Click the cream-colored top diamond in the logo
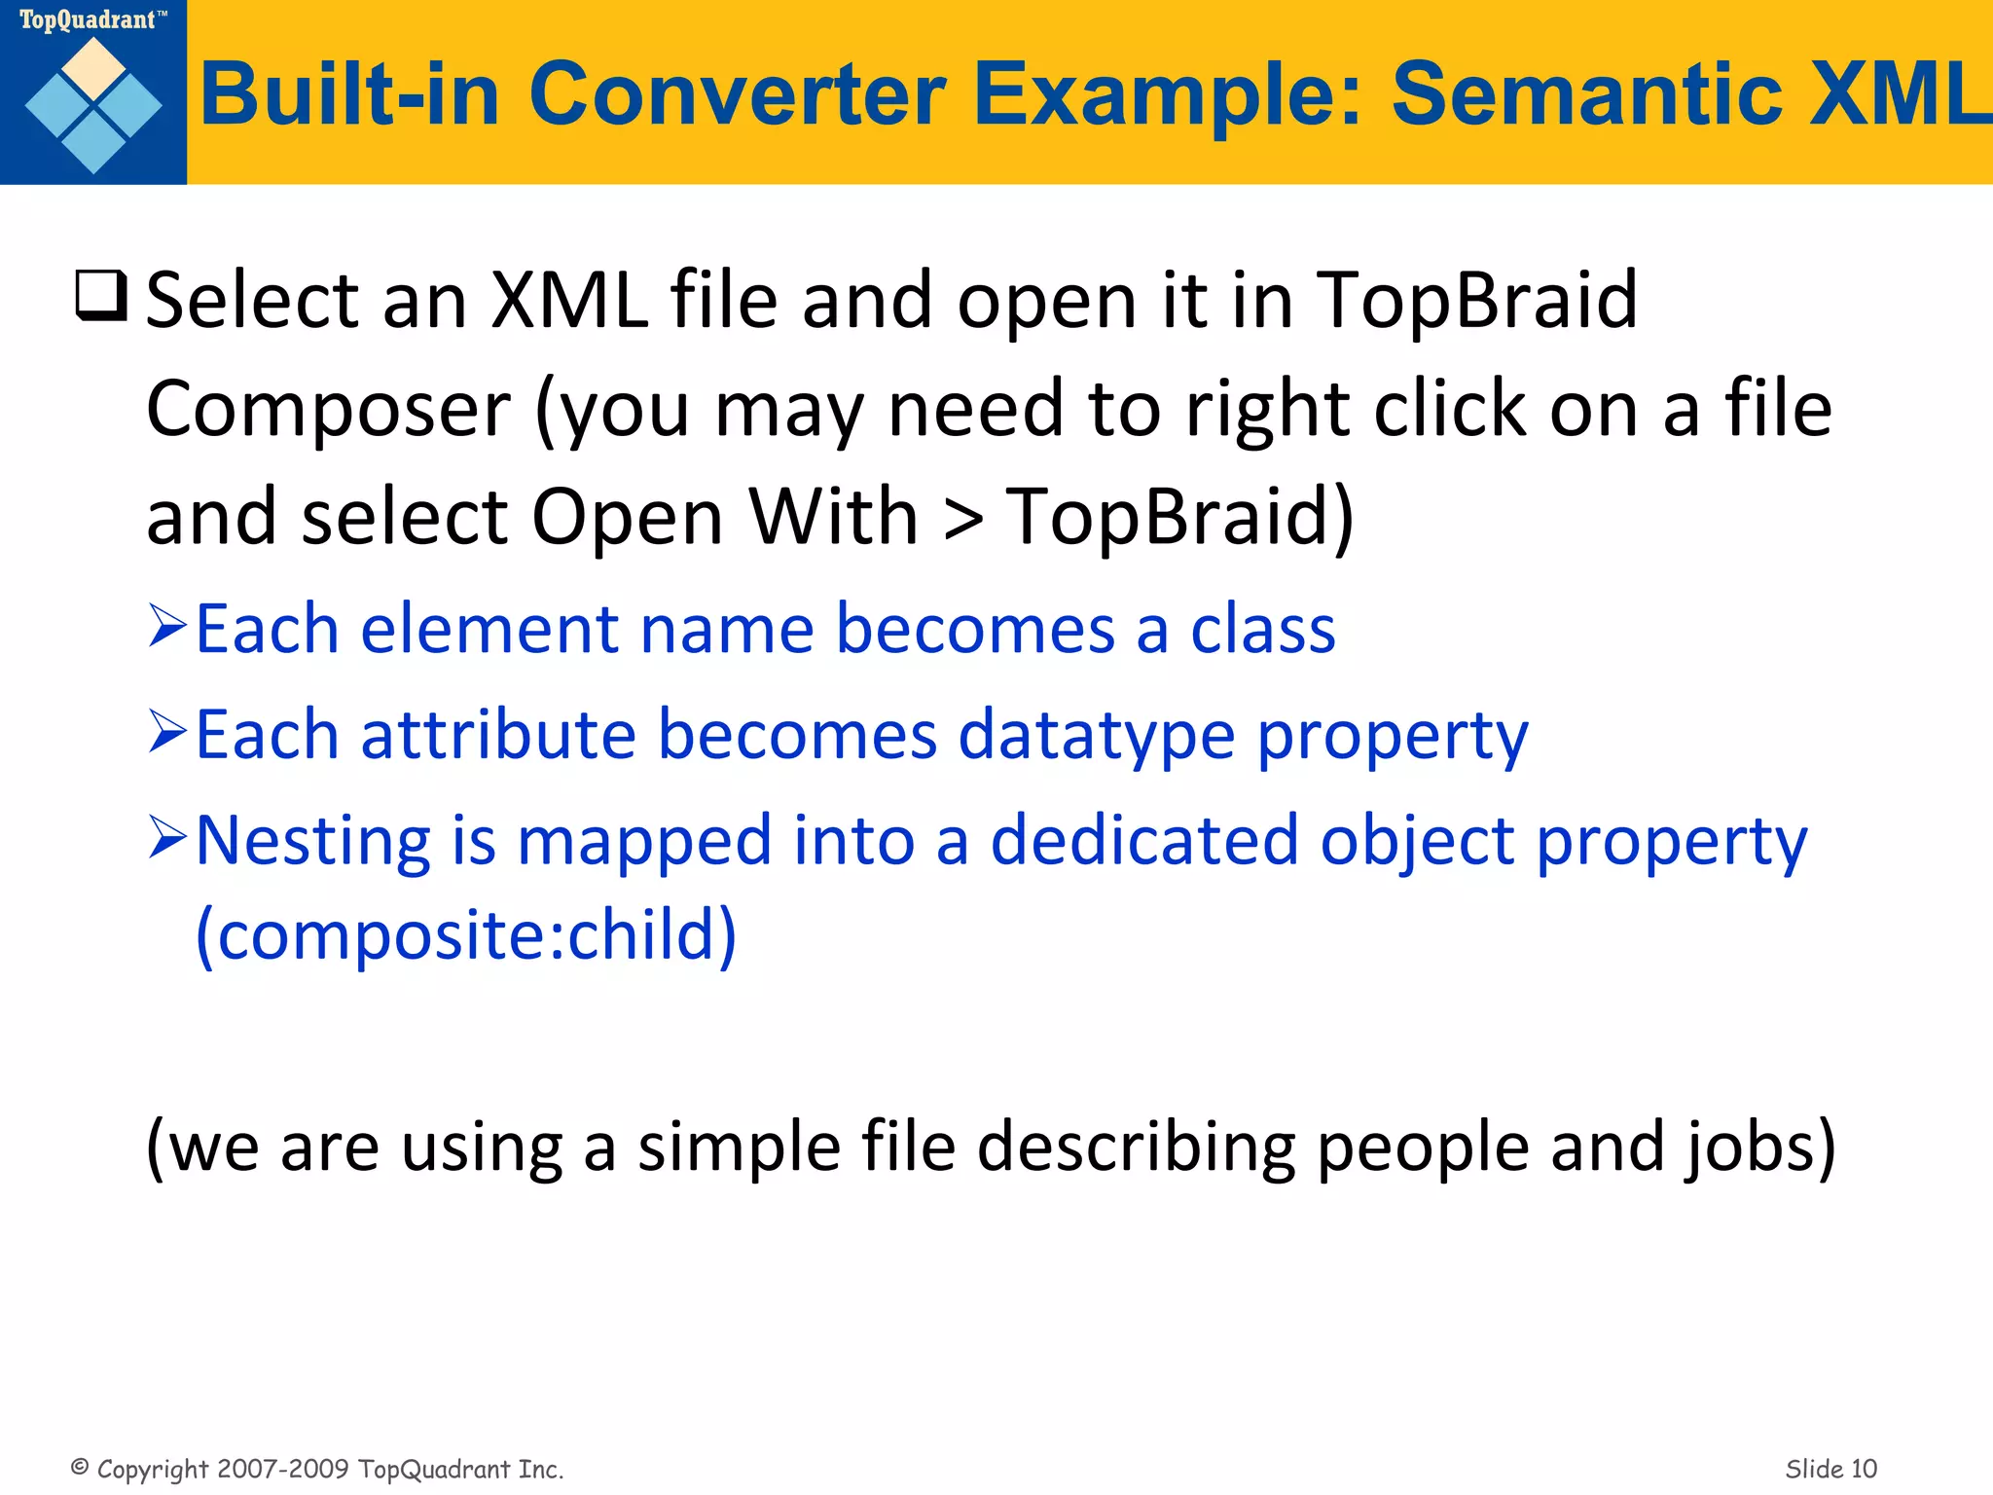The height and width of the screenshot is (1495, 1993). (93, 67)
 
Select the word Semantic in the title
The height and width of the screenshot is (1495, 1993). (1586, 94)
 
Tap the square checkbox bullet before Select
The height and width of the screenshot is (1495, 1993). (101, 296)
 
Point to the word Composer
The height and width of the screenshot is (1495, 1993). (328, 409)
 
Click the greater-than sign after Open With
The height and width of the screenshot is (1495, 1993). (962, 518)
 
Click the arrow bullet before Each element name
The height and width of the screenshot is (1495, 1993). (167, 626)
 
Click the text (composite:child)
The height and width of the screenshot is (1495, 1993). (466, 935)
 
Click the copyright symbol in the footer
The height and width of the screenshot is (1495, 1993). (80, 1467)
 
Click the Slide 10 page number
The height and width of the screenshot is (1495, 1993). (1830, 1469)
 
